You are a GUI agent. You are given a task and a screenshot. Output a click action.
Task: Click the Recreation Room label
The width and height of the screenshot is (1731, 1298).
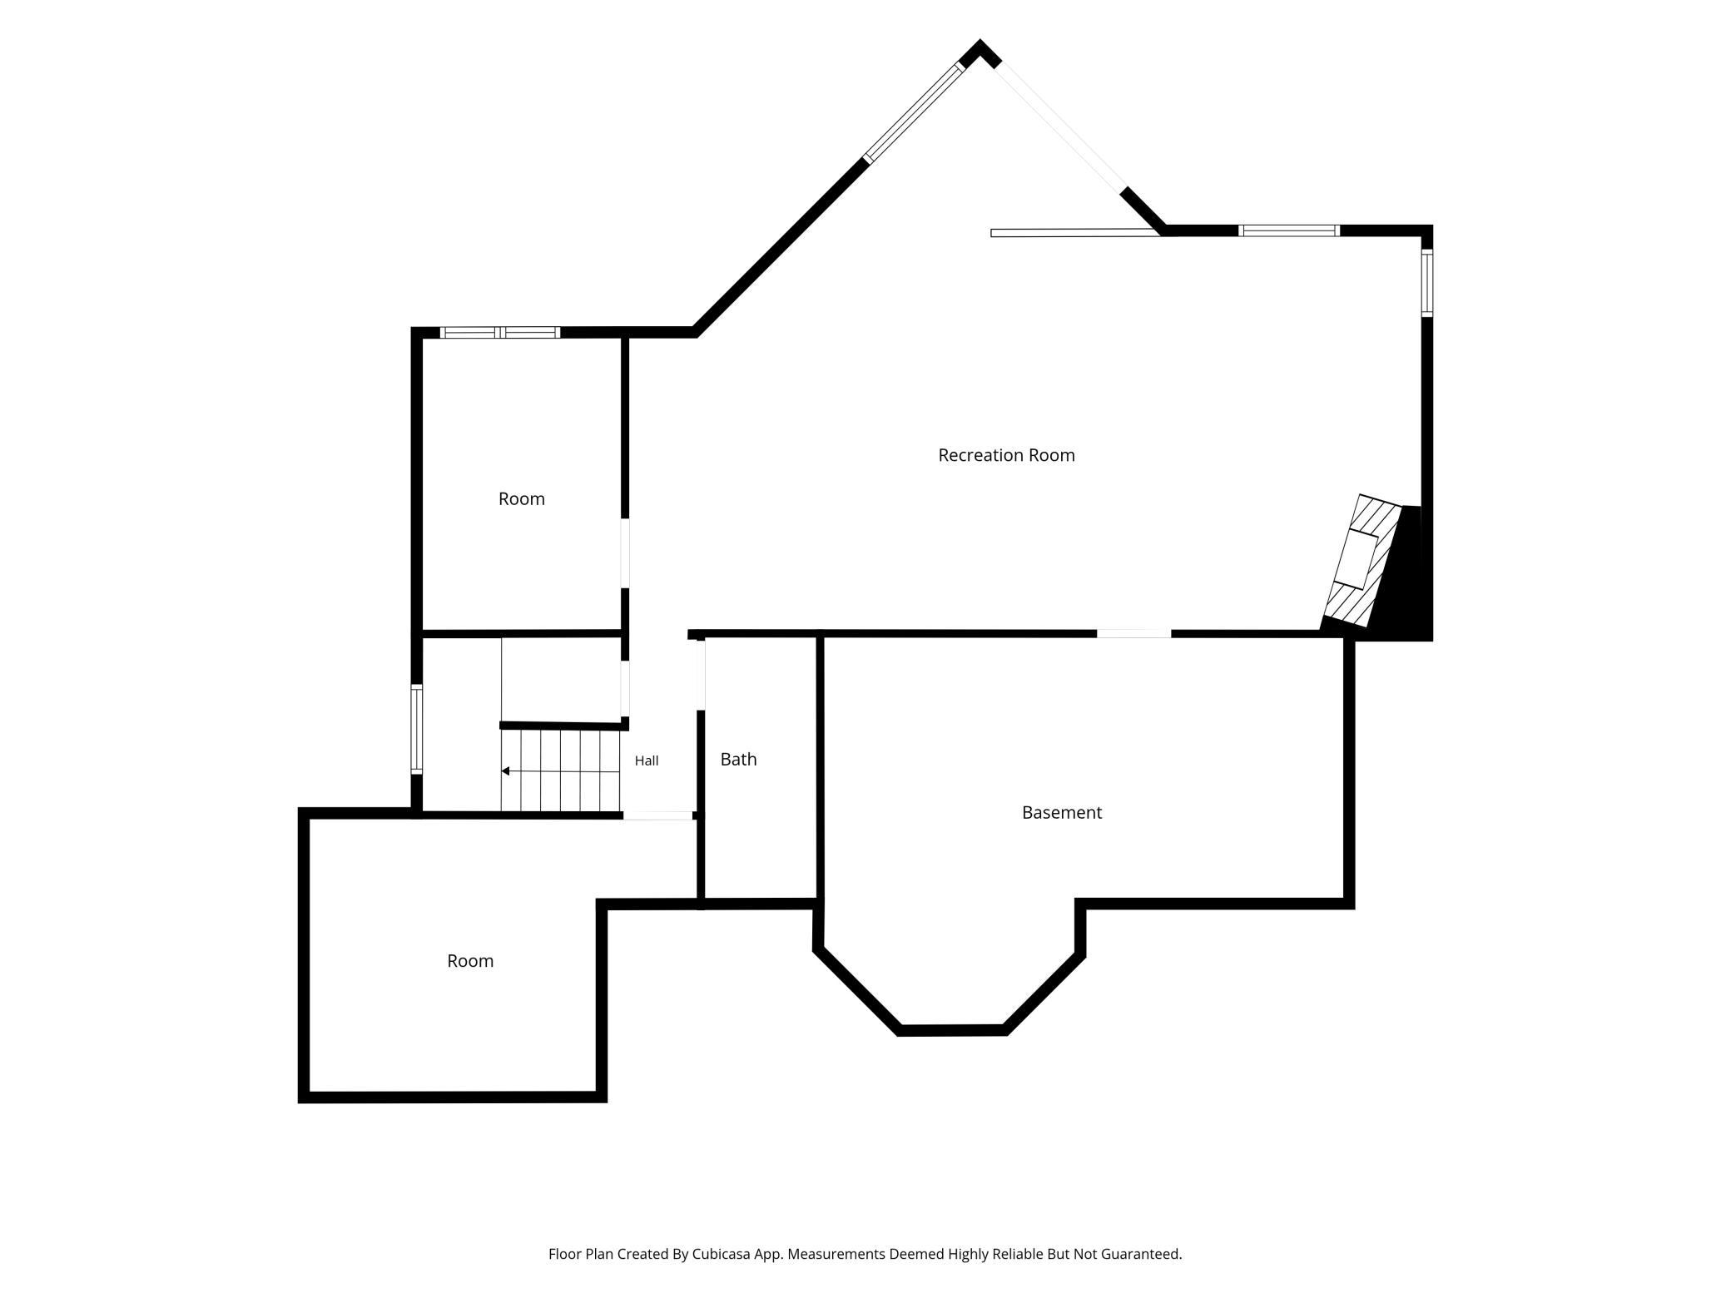point(1006,455)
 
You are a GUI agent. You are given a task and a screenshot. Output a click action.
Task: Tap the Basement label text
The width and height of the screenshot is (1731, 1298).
point(1062,812)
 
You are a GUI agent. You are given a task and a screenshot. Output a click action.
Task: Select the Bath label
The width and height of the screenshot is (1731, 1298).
point(738,759)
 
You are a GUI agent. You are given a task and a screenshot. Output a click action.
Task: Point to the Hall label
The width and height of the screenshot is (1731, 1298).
point(647,760)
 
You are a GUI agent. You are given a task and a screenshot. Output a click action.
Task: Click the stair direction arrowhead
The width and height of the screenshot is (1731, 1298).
point(505,771)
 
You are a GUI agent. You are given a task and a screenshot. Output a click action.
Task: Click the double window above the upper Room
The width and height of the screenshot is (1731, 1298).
point(500,333)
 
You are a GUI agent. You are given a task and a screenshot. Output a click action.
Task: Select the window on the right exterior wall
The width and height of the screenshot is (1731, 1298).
point(1426,283)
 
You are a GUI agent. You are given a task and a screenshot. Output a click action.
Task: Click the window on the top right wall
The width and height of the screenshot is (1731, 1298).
point(1289,230)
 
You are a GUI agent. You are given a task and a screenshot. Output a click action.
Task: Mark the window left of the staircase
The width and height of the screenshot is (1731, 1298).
point(417,729)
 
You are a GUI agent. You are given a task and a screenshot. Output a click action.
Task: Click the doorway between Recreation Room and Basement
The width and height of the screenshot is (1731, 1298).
point(1133,634)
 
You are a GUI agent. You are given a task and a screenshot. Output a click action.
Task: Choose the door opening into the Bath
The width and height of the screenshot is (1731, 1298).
point(701,674)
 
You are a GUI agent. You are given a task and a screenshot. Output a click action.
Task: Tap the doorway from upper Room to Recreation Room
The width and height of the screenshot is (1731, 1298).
point(625,553)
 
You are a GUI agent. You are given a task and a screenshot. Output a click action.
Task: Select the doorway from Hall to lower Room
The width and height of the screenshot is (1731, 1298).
point(658,815)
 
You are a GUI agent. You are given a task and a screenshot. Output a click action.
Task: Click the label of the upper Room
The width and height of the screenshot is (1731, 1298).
point(522,499)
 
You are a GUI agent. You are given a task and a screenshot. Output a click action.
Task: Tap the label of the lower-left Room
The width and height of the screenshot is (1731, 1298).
point(470,961)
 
